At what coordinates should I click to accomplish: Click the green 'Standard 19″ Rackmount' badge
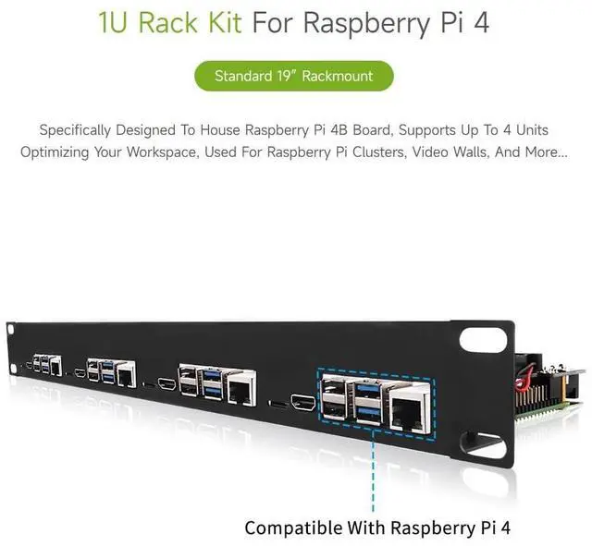(294, 76)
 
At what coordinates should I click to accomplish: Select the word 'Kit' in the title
(223, 22)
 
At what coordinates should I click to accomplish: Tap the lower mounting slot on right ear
(483, 446)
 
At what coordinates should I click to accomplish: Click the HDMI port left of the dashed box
(303, 402)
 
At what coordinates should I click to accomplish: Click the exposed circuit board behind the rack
(549, 388)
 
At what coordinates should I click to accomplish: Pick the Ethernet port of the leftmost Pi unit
(56, 366)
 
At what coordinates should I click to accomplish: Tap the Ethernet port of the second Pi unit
(126, 373)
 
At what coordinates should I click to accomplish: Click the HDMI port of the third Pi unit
(167, 382)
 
